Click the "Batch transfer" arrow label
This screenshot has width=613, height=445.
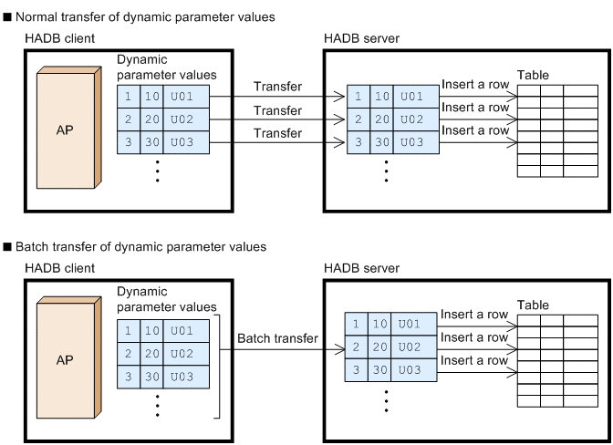(277, 338)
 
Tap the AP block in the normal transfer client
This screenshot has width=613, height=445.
(69, 128)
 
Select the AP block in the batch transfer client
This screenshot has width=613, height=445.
(69, 357)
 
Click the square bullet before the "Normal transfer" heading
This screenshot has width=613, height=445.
(7, 17)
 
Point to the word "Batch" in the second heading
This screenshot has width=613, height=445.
(32, 247)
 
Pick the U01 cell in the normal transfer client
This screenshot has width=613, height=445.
(186, 97)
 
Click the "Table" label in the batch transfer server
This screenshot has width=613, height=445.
(533, 305)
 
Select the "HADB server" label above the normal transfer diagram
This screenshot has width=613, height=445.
(361, 38)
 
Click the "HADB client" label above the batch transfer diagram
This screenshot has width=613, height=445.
(60, 268)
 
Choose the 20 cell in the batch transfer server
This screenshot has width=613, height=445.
(379, 347)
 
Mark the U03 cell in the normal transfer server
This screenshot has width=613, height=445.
(416, 142)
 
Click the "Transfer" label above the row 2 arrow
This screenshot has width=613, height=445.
(277, 110)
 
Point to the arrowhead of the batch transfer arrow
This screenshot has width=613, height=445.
(340, 349)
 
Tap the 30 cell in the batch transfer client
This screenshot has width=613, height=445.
(151, 377)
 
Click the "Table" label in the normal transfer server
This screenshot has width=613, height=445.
(533, 75)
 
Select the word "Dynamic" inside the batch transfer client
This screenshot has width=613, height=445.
(142, 292)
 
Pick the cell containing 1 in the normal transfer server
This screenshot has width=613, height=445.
(358, 97)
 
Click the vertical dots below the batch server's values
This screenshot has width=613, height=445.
(386, 401)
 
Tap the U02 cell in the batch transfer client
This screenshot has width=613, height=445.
(186, 354)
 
